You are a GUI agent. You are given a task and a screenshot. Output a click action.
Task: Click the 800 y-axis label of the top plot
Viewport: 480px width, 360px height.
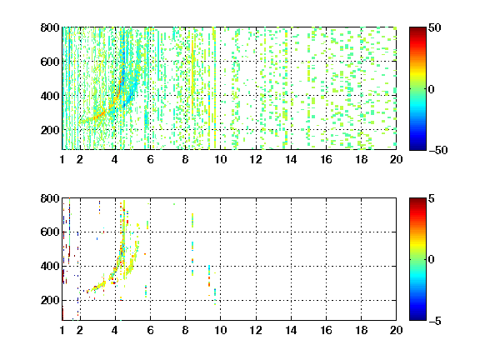50,27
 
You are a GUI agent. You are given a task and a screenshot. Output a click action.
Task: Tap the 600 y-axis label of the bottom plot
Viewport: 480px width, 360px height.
50,232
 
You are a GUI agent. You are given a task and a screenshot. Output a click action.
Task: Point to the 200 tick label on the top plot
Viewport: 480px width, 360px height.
50,130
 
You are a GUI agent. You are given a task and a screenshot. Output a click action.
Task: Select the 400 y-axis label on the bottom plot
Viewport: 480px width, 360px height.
50,266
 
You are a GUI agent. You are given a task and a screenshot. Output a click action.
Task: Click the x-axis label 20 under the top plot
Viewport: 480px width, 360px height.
396,159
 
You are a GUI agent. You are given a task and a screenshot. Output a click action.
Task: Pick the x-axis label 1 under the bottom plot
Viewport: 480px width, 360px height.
62,330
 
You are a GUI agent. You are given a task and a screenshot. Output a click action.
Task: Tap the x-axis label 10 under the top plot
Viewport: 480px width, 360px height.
220,159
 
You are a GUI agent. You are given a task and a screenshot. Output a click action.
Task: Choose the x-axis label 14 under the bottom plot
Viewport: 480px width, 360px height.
291,330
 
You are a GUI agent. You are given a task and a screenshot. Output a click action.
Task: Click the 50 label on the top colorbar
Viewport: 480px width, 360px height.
435,27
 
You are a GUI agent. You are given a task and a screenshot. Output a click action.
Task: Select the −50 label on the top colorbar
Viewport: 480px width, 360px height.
438,150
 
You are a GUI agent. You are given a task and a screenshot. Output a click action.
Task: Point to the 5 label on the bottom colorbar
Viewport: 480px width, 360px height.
432,198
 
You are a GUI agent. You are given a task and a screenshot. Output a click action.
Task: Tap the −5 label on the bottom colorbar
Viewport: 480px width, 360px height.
435,321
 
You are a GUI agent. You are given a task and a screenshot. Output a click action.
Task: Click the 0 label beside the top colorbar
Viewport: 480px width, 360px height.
432,89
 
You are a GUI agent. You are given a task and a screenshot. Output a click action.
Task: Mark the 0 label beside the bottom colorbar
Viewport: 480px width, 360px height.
432,260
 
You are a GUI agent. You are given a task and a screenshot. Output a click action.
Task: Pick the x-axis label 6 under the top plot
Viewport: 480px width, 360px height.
150,159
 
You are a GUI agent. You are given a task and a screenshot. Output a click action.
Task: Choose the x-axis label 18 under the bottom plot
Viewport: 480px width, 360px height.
361,330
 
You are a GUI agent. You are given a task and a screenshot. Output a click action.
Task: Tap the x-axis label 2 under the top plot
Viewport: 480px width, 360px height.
80,159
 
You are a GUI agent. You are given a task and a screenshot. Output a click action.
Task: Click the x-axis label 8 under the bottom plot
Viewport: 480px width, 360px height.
185,330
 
